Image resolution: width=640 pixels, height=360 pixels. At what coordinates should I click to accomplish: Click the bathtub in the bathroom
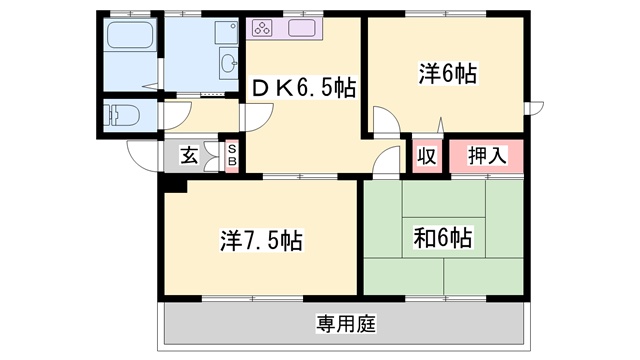(x=130, y=35)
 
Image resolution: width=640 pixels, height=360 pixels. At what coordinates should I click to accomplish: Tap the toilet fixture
(x=121, y=115)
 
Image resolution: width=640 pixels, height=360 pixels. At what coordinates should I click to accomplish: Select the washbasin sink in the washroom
(x=229, y=63)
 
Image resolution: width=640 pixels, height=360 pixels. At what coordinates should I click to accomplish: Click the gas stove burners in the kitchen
(x=261, y=28)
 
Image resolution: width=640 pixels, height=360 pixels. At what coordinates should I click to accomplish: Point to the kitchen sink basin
(x=302, y=28)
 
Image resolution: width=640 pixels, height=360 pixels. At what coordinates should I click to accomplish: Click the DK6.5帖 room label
(x=304, y=87)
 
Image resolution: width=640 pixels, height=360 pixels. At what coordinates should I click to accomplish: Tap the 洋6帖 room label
(x=448, y=73)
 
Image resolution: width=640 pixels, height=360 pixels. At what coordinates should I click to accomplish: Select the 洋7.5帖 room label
(x=261, y=240)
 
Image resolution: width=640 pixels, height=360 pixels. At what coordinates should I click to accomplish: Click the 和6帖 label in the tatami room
(x=443, y=238)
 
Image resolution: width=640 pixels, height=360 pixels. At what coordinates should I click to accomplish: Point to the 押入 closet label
(x=487, y=156)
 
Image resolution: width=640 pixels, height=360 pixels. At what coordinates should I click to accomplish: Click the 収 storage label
(x=427, y=156)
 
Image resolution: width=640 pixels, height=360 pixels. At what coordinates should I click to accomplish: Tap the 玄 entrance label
(x=189, y=156)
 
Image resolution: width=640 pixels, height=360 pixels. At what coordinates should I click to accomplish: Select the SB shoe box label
(x=232, y=156)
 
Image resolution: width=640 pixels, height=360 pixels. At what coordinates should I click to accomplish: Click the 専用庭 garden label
(x=346, y=324)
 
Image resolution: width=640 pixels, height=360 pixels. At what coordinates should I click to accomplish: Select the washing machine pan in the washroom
(x=226, y=33)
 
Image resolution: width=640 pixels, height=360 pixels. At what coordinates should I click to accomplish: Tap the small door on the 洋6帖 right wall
(x=536, y=108)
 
